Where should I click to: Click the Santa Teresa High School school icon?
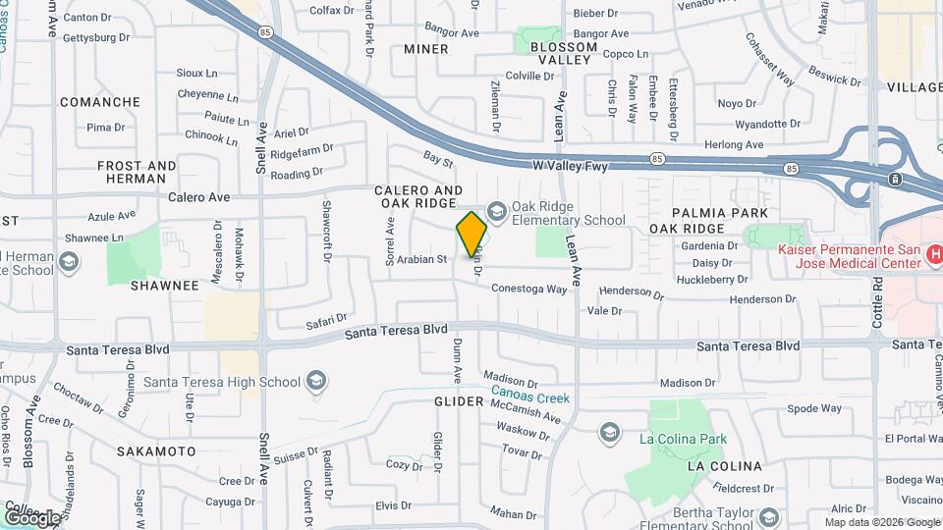click(x=316, y=380)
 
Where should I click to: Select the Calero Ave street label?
click(x=198, y=196)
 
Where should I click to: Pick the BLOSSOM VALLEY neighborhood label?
click(x=561, y=53)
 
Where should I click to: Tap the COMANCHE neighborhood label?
click(x=100, y=102)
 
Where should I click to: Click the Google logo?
click(x=32, y=516)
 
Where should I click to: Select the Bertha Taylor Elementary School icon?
click(x=769, y=517)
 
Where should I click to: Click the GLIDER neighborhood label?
click(x=459, y=401)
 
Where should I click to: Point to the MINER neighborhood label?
click(x=426, y=49)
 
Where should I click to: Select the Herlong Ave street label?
click(x=735, y=145)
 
